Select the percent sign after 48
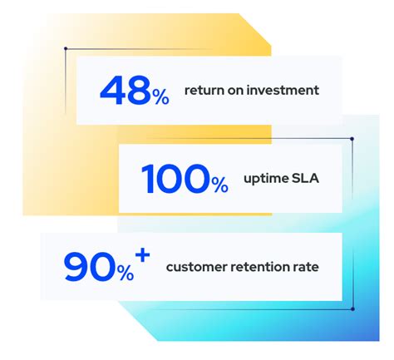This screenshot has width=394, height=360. point(160,97)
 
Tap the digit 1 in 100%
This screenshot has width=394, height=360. point(147,178)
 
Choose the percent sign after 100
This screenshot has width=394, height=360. point(219,185)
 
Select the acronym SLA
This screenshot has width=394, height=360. point(305,178)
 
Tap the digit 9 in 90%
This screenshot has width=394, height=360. point(76,266)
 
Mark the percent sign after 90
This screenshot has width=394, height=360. point(126,273)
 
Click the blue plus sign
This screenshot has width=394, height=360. point(143,255)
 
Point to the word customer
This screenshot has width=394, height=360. point(197,267)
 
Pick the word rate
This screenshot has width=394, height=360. point(306,267)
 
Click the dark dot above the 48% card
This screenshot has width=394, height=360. point(66,48)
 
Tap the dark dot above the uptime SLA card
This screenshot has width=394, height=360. point(352,139)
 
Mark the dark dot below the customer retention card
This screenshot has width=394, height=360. point(352,308)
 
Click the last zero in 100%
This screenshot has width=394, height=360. point(196,178)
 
